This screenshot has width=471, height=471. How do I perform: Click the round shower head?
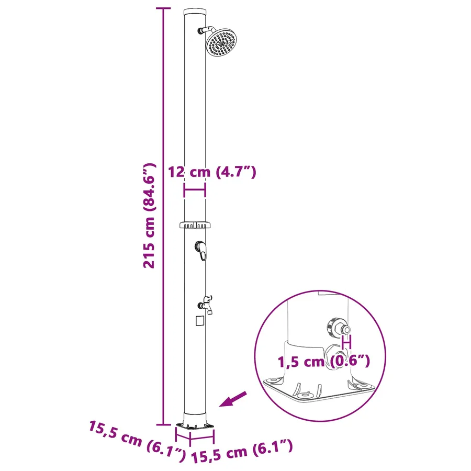pos(222,43)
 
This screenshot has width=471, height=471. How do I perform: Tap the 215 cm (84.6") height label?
pos(149,216)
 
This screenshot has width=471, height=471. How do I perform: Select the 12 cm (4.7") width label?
pos(212,172)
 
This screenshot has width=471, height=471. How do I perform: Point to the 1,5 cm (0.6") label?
pos(323,361)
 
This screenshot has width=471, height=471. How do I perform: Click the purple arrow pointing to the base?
pos(233,399)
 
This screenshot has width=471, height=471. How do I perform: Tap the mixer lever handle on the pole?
pos(201,250)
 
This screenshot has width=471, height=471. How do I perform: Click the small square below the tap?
pos(200,321)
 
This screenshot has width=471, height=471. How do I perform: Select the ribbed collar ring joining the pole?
pos(195,225)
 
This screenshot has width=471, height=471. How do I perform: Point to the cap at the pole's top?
pos(195,13)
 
